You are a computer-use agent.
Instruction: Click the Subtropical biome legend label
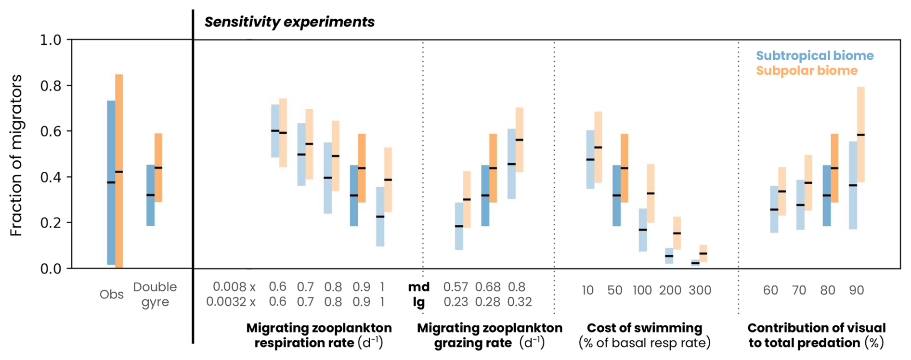(814, 56)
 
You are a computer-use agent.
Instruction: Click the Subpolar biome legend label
(807, 71)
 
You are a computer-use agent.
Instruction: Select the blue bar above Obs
(111, 183)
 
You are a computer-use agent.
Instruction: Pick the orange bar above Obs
(119, 171)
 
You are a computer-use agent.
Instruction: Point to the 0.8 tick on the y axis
(50, 86)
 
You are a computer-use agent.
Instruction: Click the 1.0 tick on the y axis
(50, 40)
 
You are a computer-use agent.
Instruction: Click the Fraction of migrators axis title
(16, 155)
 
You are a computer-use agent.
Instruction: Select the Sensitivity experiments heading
(289, 22)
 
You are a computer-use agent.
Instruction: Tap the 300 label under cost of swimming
(700, 290)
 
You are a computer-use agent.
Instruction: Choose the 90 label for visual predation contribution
(856, 290)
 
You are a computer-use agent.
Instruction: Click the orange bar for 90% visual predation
(860, 135)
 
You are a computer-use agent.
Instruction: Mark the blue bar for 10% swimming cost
(590, 159)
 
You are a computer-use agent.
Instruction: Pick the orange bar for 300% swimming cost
(703, 253)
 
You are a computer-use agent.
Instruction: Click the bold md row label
(418, 287)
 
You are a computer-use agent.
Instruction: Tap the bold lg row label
(418, 302)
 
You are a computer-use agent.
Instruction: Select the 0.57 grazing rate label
(455, 287)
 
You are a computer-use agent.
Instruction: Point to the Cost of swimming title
(644, 328)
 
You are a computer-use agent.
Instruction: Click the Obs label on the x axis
(111, 295)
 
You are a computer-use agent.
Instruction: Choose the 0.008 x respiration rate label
(234, 287)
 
